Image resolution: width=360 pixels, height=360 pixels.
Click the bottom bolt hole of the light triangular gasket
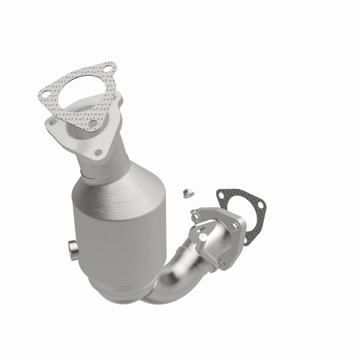coord(92,123)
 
